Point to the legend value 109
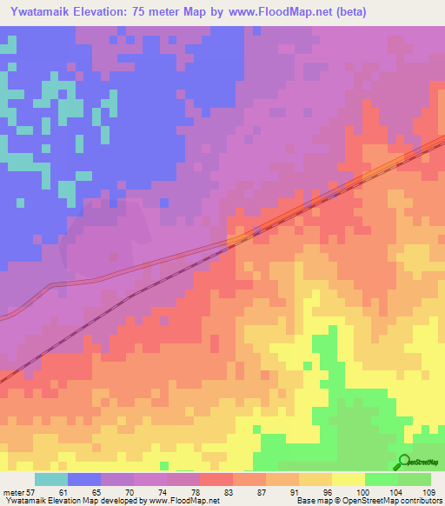tap(428, 492)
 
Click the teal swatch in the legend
tap(51, 479)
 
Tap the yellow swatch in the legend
tap(349, 479)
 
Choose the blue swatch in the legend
tap(84, 479)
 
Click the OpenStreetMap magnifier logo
tap(402, 462)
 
